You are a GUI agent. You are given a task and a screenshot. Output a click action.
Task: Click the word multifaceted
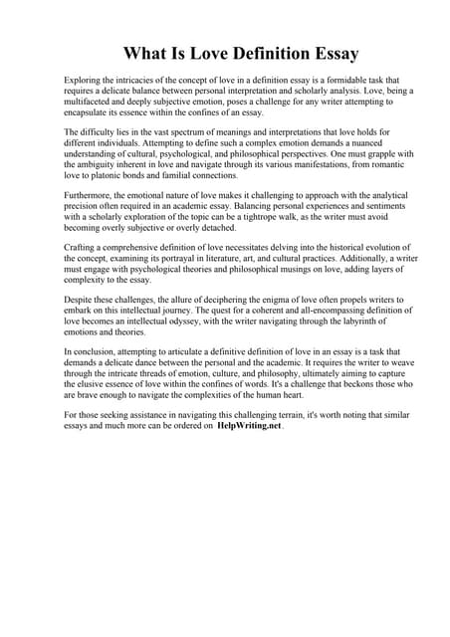pos(90,104)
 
